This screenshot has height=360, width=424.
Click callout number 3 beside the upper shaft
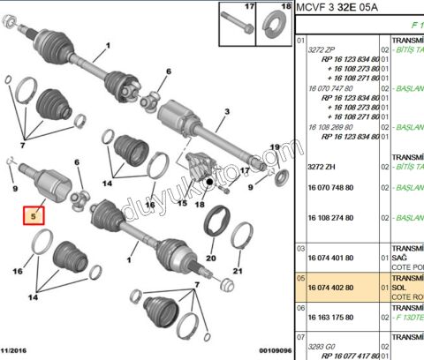[226, 112]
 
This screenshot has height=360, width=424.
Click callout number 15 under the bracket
[182, 202]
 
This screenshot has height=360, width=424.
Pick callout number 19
[274, 147]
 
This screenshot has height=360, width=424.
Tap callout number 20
[210, 259]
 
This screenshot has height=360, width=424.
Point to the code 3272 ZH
[323, 166]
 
